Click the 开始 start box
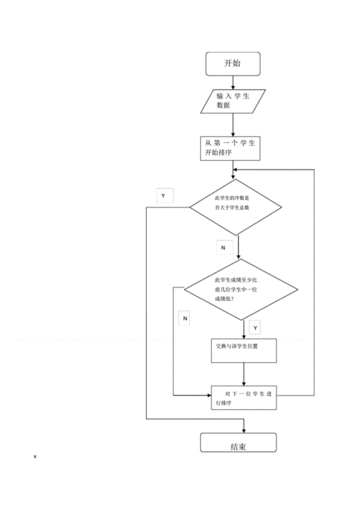[x=233, y=63]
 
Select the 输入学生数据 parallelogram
[x=233, y=102]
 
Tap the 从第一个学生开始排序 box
[x=230, y=148]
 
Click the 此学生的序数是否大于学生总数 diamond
[x=235, y=207]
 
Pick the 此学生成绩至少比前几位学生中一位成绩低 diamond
[x=241, y=290]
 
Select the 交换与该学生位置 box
[x=244, y=351]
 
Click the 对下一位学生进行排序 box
[x=244, y=398]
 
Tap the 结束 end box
[x=238, y=442]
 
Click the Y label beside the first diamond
[x=163, y=196]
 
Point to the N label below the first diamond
[x=223, y=248]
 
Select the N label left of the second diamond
[x=185, y=318]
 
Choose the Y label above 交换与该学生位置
[x=256, y=328]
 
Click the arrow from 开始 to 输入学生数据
[x=233, y=83]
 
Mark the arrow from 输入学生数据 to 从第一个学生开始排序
[x=233, y=125]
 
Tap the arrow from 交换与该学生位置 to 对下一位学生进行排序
[x=244, y=375]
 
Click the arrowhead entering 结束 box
[x=244, y=431]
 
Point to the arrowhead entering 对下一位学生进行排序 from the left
[x=209, y=395]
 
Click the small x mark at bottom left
[x=35, y=457]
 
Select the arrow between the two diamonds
[x=238, y=247]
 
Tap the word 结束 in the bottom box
[x=238, y=447]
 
